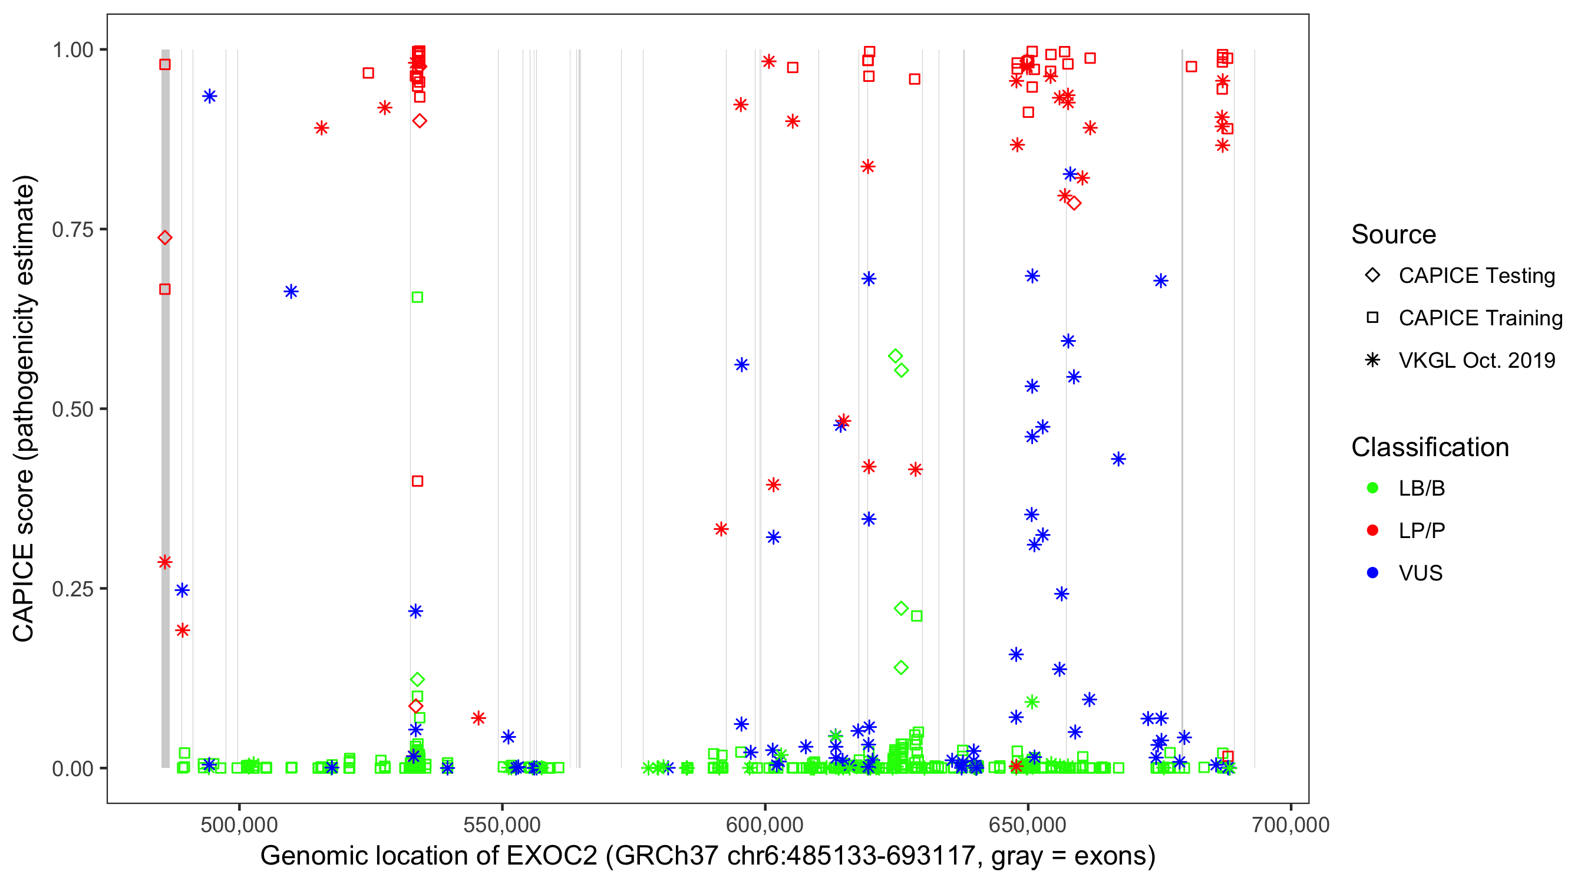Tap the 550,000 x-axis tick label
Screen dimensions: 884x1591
click(502, 824)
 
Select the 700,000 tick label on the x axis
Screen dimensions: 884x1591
click(1290, 824)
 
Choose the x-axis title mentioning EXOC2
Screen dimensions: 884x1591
click(707, 856)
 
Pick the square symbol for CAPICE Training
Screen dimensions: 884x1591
click(1372, 318)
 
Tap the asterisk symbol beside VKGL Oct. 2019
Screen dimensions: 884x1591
click(1372, 360)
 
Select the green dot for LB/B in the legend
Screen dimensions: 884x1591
click(1372, 488)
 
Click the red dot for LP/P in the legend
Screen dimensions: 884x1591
click(1372, 530)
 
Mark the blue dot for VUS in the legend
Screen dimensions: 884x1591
click(1372, 573)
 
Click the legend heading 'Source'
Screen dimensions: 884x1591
click(1394, 235)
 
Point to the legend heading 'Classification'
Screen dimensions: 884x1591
click(1430, 447)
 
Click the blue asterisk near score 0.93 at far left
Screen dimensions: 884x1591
click(210, 97)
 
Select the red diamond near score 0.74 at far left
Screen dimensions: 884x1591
click(165, 238)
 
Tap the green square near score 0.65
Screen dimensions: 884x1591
click(418, 298)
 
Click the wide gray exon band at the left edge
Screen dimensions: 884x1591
click(166, 433)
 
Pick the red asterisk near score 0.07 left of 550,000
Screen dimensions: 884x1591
click(478, 718)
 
